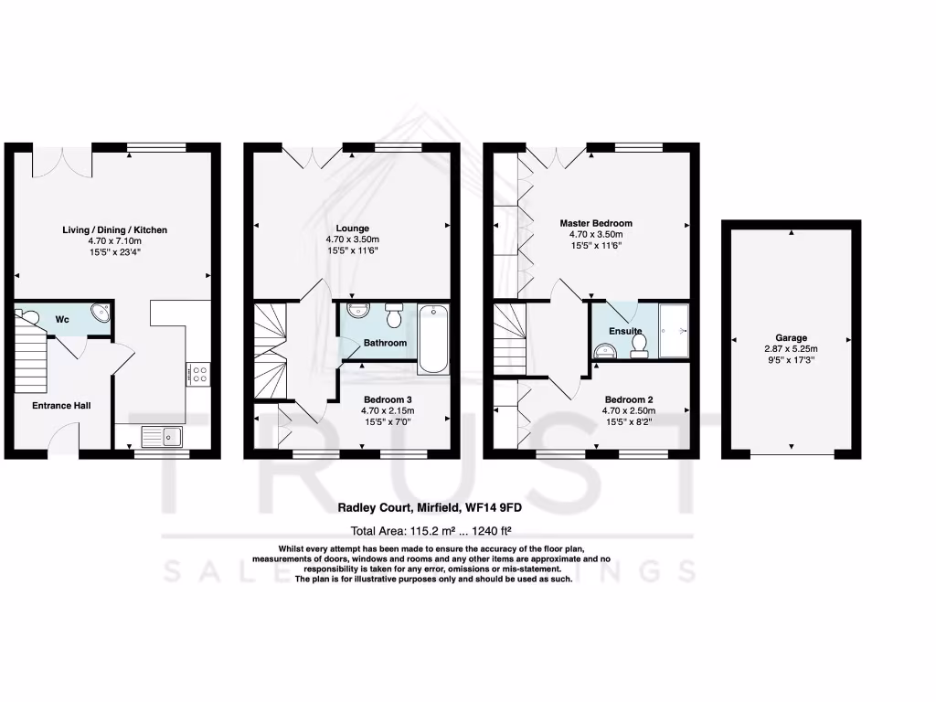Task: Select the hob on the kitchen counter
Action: pos(197,373)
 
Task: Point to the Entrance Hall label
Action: pos(61,405)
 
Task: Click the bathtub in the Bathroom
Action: pos(433,339)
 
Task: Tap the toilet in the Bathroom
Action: pos(394,316)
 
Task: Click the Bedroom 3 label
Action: pos(388,399)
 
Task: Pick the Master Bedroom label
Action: pos(596,223)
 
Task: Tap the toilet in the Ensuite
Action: pos(639,344)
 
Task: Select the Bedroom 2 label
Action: pos(629,399)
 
